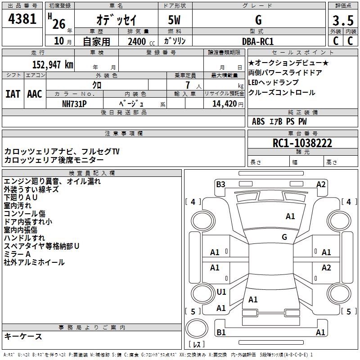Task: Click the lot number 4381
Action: pyautogui.click(x=22, y=19)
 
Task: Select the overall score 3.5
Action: pyautogui.click(x=343, y=20)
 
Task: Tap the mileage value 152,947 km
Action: pyautogui.click(x=53, y=64)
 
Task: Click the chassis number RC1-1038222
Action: pyautogui.click(x=302, y=143)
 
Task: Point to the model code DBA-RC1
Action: pyautogui.click(x=258, y=41)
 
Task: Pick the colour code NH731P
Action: pyautogui.click(x=74, y=104)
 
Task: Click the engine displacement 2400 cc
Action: pyautogui.click(x=141, y=41)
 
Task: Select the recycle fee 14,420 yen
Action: pyautogui.click(x=228, y=104)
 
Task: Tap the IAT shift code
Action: pyautogui.click(x=13, y=94)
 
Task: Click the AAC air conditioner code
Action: pyautogui.click(x=35, y=94)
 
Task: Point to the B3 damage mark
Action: pyautogui.click(x=220, y=184)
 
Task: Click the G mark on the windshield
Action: pyautogui.click(x=284, y=237)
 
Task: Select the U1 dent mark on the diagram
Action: pyautogui.click(x=221, y=292)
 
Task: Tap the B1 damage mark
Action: pyautogui.click(x=221, y=332)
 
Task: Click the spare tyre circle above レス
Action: pyautogui.click(x=197, y=328)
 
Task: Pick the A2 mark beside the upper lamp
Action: pyautogui.click(x=321, y=184)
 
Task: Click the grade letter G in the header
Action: pyautogui.click(x=258, y=20)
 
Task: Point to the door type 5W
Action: pyautogui.click(x=174, y=20)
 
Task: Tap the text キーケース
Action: pyautogui.click(x=23, y=336)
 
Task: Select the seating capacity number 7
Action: pyautogui.click(x=188, y=85)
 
